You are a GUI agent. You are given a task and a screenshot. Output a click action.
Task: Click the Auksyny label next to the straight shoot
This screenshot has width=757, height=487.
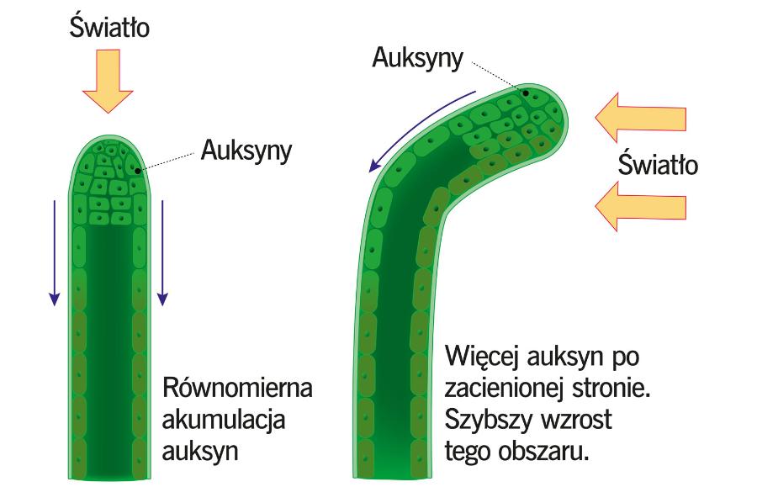(x=246, y=151)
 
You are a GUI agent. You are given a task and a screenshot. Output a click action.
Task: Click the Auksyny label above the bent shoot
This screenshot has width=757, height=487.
(x=418, y=60)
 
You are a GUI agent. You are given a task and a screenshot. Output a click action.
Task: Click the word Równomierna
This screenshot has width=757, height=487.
(x=237, y=390)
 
